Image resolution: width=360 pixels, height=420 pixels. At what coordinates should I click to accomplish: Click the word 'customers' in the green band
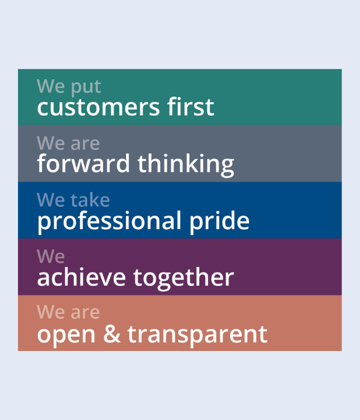click(98, 107)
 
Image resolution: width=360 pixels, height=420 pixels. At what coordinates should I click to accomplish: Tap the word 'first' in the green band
click(191, 106)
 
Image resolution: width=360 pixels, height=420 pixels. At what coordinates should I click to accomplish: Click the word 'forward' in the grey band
click(83, 163)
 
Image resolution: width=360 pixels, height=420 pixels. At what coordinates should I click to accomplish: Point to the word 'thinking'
click(186, 165)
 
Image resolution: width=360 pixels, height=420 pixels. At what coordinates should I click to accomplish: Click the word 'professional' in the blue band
click(109, 222)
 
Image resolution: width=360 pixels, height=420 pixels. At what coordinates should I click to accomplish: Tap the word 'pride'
click(220, 222)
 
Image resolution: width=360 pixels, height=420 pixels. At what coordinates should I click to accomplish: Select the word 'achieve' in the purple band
click(82, 277)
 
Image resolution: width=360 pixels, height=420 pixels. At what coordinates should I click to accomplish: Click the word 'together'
click(184, 278)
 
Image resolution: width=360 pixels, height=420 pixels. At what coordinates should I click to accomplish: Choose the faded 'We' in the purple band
click(50, 256)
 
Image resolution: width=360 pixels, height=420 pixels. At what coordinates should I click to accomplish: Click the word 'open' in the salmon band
click(66, 336)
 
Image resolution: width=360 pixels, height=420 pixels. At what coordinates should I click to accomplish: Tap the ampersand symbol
click(112, 334)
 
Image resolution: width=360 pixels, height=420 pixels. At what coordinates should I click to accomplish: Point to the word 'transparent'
click(197, 336)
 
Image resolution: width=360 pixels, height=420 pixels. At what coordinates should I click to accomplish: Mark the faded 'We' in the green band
click(50, 86)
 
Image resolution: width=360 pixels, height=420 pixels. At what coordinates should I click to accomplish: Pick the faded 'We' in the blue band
click(50, 200)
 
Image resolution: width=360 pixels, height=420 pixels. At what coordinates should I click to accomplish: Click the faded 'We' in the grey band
click(50, 143)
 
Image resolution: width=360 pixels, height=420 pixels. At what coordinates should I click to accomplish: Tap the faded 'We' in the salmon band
click(50, 312)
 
